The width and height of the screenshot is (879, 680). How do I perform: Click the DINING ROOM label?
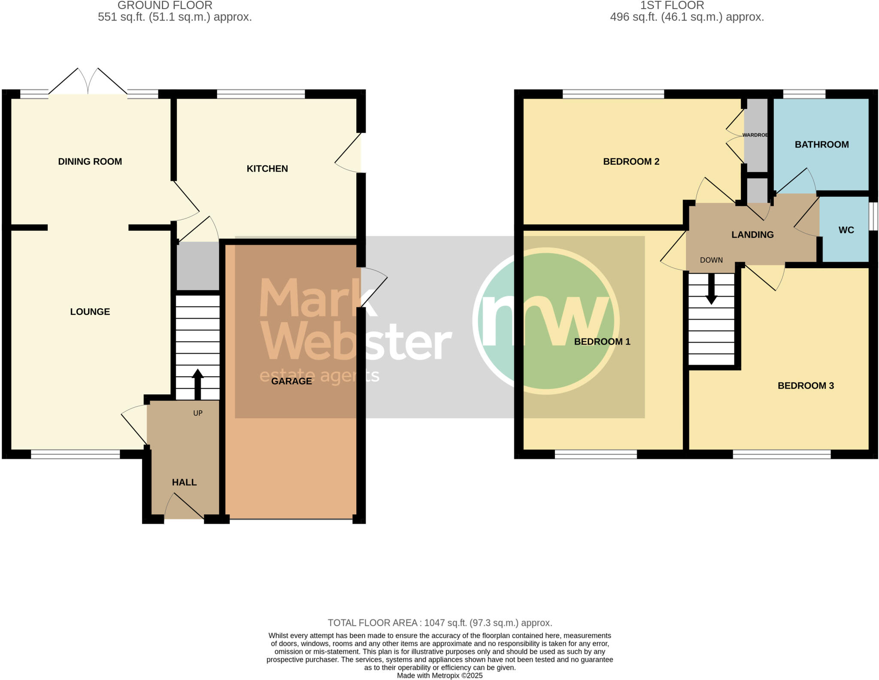tap(90, 161)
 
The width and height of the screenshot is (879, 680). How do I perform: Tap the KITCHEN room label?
tap(267, 169)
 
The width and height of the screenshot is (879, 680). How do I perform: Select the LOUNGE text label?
tap(90, 311)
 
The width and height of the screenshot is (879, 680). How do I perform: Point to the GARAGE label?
tap(291, 381)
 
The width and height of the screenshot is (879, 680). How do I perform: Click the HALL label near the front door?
tap(184, 482)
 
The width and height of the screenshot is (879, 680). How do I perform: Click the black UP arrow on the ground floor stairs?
tap(197, 384)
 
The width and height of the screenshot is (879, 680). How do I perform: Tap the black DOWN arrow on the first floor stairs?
tap(711, 289)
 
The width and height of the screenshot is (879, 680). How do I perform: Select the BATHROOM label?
tap(821, 145)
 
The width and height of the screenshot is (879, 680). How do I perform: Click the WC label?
tap(846, 230)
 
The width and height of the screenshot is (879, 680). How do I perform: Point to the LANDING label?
tap(752, 235)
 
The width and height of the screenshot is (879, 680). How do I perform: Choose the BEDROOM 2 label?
tap(631, 161)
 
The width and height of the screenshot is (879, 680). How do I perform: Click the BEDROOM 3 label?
tap(806, 386)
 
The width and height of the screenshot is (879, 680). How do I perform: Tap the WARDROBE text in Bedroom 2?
tap(755, 135)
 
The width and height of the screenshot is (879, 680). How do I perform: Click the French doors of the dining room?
tap(88, 84)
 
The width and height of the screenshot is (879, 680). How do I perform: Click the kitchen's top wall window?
tap(261, 94)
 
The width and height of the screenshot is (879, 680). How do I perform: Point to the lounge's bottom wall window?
tap(75, 454)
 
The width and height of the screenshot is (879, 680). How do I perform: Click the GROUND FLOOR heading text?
tap(165, 6)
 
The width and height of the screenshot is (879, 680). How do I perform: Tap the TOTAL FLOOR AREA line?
tap(439, 623)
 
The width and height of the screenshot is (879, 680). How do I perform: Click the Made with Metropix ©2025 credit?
tap(439, 676)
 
